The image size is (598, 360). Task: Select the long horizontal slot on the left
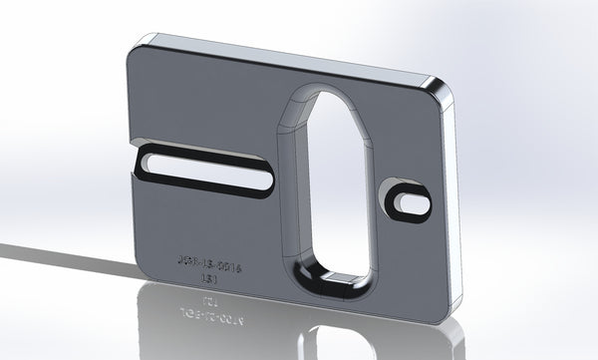[204, 173]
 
